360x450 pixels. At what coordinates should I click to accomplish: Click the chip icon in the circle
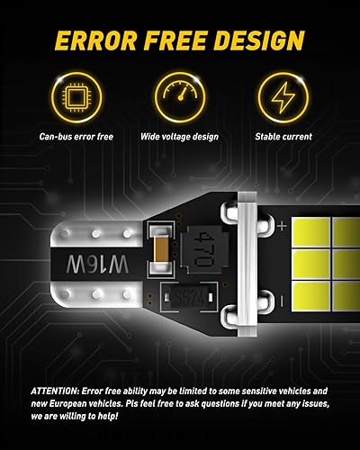76,94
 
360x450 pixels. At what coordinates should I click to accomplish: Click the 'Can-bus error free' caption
76,137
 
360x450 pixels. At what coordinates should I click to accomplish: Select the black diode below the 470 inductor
193,292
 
